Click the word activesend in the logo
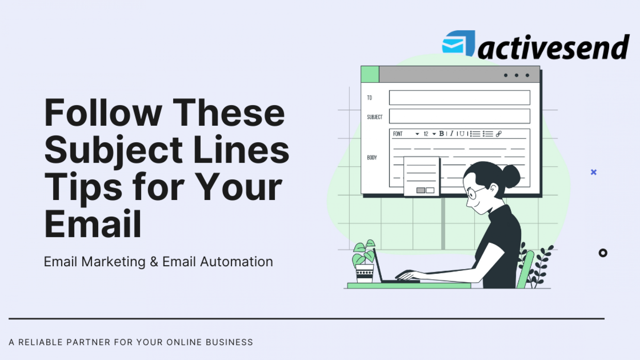pos(553,47)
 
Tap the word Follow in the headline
pos(103,113)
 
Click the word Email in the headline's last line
pos(93,224)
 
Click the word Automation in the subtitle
pos(236,262)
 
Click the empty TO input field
pos(459,98)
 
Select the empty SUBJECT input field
pos(459,116)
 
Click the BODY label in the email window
pos(372,157)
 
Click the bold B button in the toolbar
pos(442,134)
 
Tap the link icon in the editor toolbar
pos(499,134)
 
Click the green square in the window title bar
pos(370,74)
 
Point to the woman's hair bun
pos(511,175)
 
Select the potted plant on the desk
pos(364,262)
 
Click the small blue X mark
pos(594,172)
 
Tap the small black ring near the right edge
pos(603,253)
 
